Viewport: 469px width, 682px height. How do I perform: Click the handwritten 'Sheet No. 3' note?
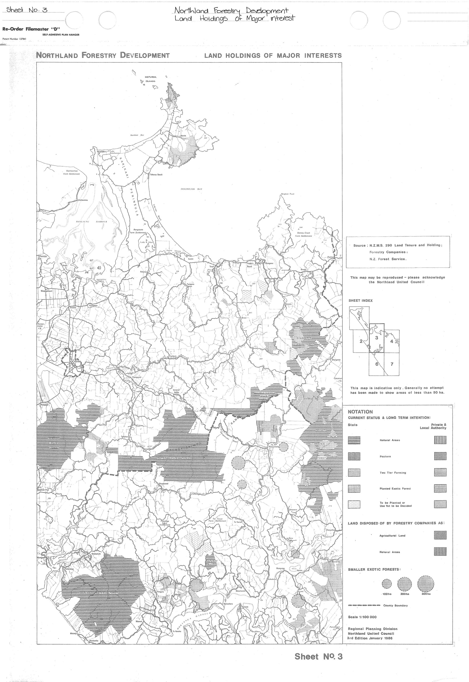coord(27,10)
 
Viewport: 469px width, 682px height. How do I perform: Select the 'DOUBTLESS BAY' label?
coord(192,189)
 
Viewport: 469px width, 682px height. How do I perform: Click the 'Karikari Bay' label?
coord(137,135)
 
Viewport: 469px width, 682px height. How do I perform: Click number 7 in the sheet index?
coord(392,364)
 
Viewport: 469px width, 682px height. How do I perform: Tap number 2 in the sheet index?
coord(361,341)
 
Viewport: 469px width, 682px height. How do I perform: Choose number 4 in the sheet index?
coord(392,341)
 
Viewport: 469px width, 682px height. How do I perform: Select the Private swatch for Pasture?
coord(440,456)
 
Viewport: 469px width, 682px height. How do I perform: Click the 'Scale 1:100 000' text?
coord(362,617)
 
